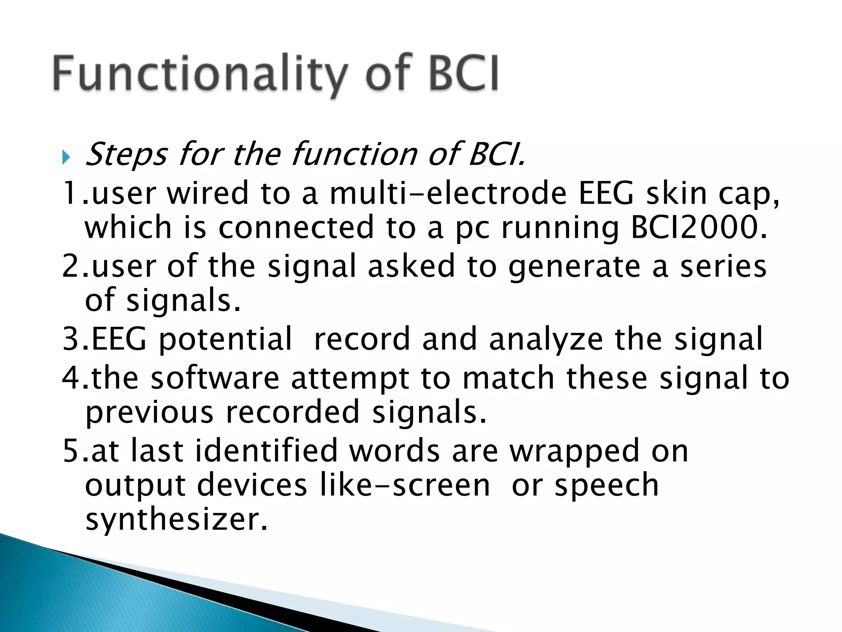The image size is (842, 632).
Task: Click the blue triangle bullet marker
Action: pos(66,157)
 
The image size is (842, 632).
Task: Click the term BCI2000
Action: pos(699,228)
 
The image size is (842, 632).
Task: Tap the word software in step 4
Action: pos(215,378)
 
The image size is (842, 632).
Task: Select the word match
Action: pos(509,378)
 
